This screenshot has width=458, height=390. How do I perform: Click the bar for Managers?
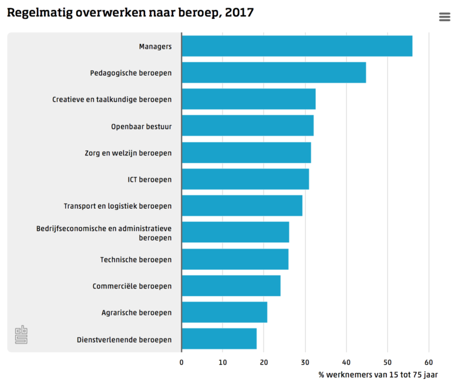pos(297,46)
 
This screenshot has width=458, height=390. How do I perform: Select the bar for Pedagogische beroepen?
pos(274,73)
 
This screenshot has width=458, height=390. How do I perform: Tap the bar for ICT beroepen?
pos(245,179)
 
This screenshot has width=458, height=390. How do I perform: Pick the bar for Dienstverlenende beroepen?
pos(219,339)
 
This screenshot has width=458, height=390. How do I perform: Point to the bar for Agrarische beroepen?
pos(224,312)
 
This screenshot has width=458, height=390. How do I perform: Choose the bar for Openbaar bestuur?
pos(247,126)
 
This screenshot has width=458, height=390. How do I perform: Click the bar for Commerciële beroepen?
pos(231,286)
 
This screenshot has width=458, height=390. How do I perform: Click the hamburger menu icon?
pos(444,17)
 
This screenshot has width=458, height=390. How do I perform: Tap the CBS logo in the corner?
pos(21,334)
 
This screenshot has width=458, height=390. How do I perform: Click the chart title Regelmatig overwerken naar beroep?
pos(130,12)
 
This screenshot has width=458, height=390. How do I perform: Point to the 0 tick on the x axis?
pos(181,362)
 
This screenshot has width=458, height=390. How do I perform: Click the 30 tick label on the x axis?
pos(305,362)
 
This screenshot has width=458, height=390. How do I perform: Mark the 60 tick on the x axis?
pos(429,362)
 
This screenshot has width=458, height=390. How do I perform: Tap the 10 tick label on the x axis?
pos(223,362)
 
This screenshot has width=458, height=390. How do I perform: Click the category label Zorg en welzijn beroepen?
pos(128,153)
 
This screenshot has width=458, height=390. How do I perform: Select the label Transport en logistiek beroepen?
pos(117,206)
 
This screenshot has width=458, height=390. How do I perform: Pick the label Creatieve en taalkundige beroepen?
pos(112,100)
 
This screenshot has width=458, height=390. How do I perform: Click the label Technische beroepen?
pos(136,259)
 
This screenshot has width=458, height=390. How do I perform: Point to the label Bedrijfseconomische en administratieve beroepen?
pos(104,233)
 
